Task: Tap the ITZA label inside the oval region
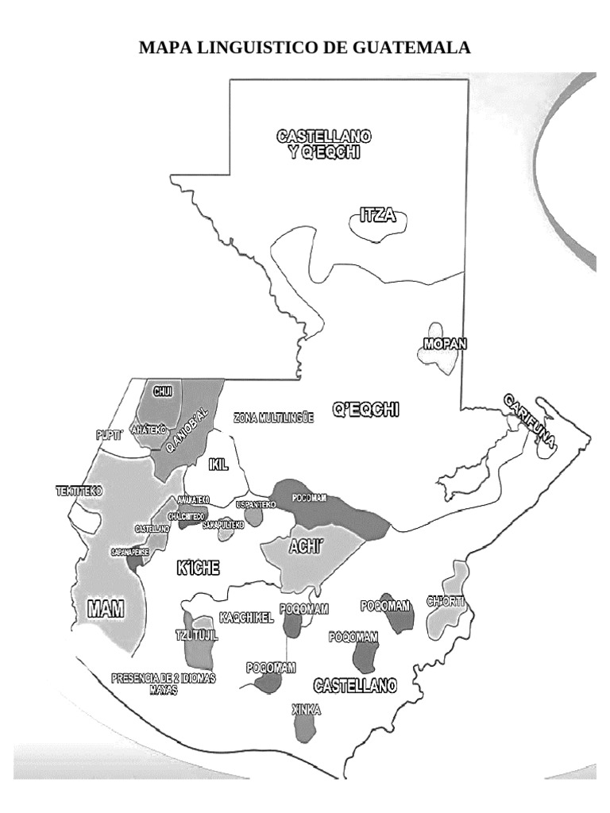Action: point(378,215)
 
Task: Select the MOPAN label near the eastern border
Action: point(444,345)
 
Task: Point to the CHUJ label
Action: point(163,391)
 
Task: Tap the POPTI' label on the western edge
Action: point(107,434)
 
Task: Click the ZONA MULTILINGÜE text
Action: point(274,416)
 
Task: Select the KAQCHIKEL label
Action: point(245,617)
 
